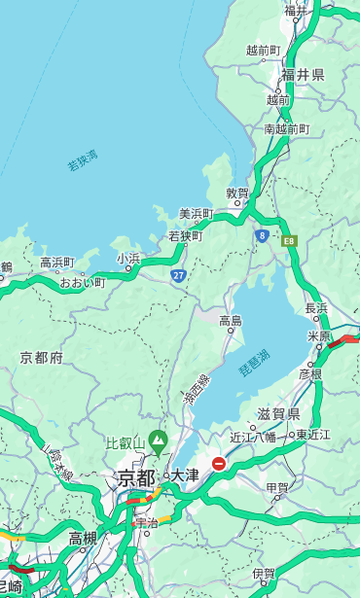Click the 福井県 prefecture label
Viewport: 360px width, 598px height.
(304, 75)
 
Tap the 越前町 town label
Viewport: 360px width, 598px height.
(264, 50)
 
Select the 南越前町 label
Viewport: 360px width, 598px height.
(287, 128)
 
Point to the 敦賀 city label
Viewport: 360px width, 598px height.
(238, 193)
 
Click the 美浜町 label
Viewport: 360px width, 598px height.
(196, 214)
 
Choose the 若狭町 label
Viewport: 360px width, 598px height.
(185, 236)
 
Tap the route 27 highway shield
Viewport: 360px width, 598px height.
(178, 275)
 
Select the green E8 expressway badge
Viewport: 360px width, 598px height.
(289, 240)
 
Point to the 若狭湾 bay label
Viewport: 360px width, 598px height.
(83, 161)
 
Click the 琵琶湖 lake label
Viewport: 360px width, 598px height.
(254, 365)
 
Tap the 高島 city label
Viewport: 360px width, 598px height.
(231, 321)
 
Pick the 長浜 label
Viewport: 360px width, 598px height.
(317, 308)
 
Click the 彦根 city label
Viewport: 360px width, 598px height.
(310, 373)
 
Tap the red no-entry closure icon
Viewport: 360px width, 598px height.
(219, 464)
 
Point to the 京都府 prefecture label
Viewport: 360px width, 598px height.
(42, 358)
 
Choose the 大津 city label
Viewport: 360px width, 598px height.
(185, 475)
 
